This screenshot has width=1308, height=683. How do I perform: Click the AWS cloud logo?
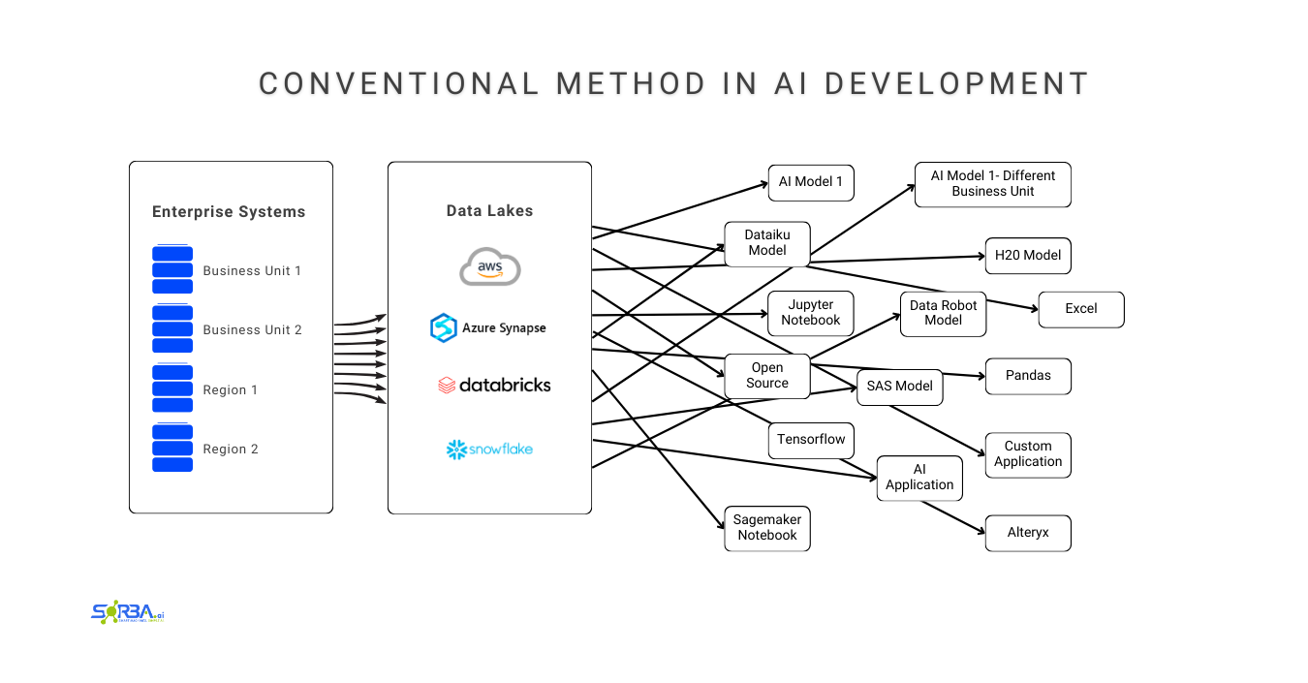click(x=490, y=267)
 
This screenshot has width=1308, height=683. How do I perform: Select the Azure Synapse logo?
click(x=488, y=327)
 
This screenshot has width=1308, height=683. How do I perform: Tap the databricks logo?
click(x=494, y=385)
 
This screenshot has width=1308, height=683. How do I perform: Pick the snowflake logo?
click(x=489, y=449)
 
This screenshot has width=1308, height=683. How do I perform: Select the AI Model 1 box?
click(x=811, y=182)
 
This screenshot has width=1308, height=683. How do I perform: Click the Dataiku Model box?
click(x=766, y=242)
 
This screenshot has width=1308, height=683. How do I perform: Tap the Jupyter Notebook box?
click(x=811, y=313)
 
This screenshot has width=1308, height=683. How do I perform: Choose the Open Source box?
click(x=766, y=376)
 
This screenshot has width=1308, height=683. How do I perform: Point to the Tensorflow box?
click(x=811, y=440)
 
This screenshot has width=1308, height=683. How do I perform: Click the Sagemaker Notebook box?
click(x=766, y=528)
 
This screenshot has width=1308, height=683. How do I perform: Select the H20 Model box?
click(x=1028, y=256)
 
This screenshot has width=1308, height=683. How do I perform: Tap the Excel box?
click(x=1081, y=309)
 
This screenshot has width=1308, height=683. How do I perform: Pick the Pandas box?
click(x=1028, y=376)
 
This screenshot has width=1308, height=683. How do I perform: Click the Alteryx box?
click(x=1028, y=533)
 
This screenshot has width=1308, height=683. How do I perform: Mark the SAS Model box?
click(x=900, y=387)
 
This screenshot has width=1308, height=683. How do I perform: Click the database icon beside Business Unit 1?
click(x=172, y=269)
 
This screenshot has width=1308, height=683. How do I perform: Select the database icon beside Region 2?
click(x=172, y=448)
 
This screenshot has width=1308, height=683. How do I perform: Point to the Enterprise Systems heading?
click(x=229, y=212)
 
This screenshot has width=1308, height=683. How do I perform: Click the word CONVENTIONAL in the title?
click(x=398, y=84)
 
